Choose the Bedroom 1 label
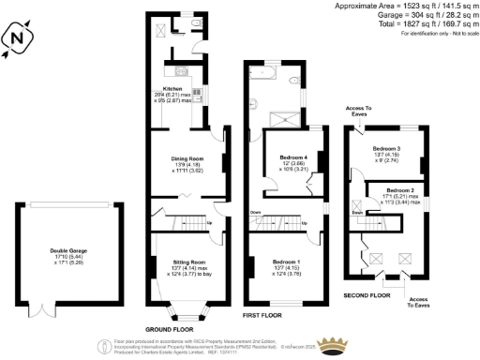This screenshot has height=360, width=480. [286, 262]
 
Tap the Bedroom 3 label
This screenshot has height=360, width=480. [385, 149]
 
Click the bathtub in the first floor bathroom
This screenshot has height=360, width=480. [264, 71]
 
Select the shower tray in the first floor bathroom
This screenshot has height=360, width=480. [283, 117]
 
